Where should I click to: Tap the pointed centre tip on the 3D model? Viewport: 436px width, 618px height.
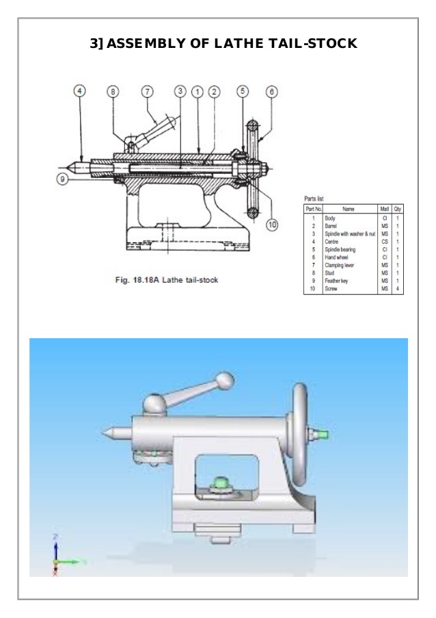point(106,433)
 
